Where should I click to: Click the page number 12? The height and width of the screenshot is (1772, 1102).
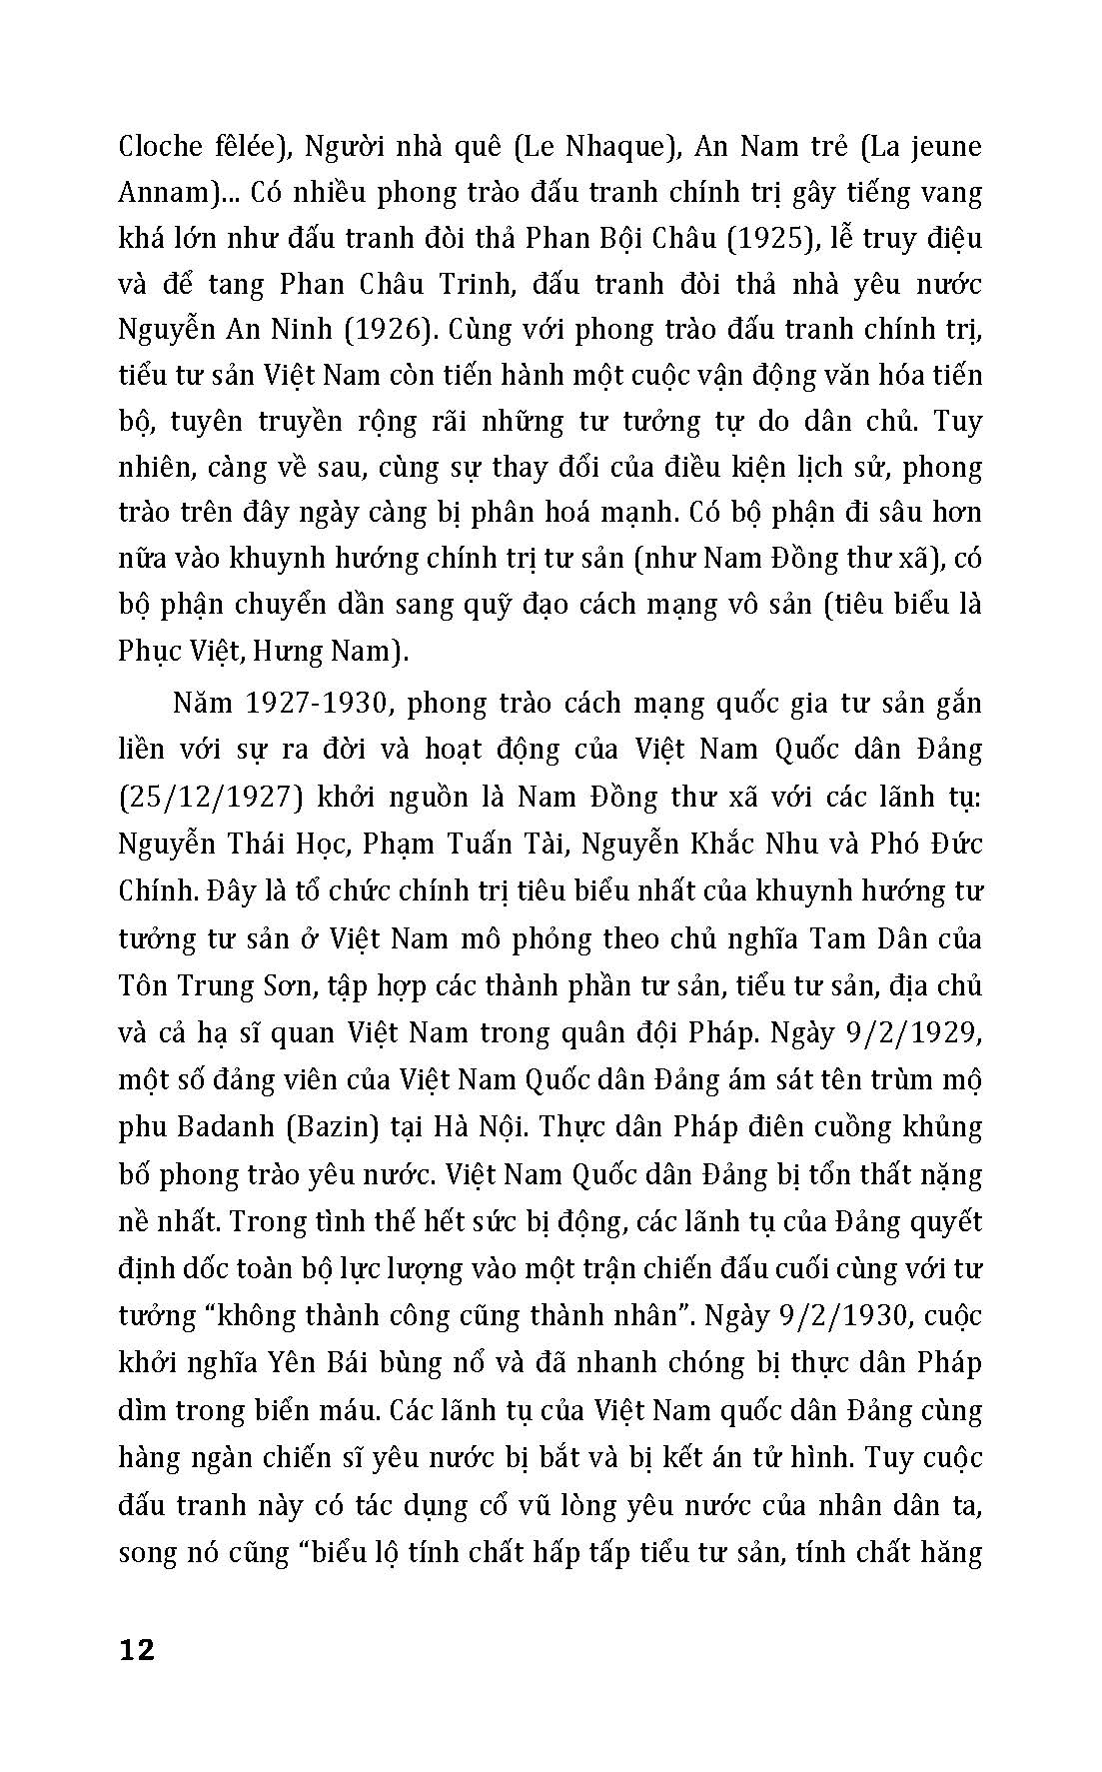point(137,1649)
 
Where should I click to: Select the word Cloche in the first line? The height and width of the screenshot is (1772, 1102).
point(161,146)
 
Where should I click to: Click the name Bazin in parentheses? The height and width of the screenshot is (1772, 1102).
point(335,1126)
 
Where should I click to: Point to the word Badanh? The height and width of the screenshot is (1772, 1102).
point(217,1126)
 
